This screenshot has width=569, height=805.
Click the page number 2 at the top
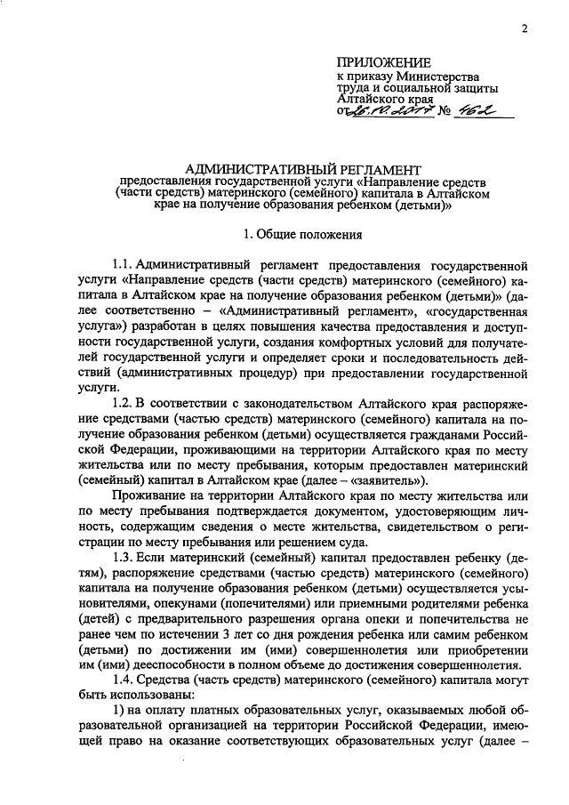click(525, 28)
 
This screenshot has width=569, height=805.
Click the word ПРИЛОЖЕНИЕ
click(383, 62)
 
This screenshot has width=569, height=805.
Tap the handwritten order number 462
click(472, 112)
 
